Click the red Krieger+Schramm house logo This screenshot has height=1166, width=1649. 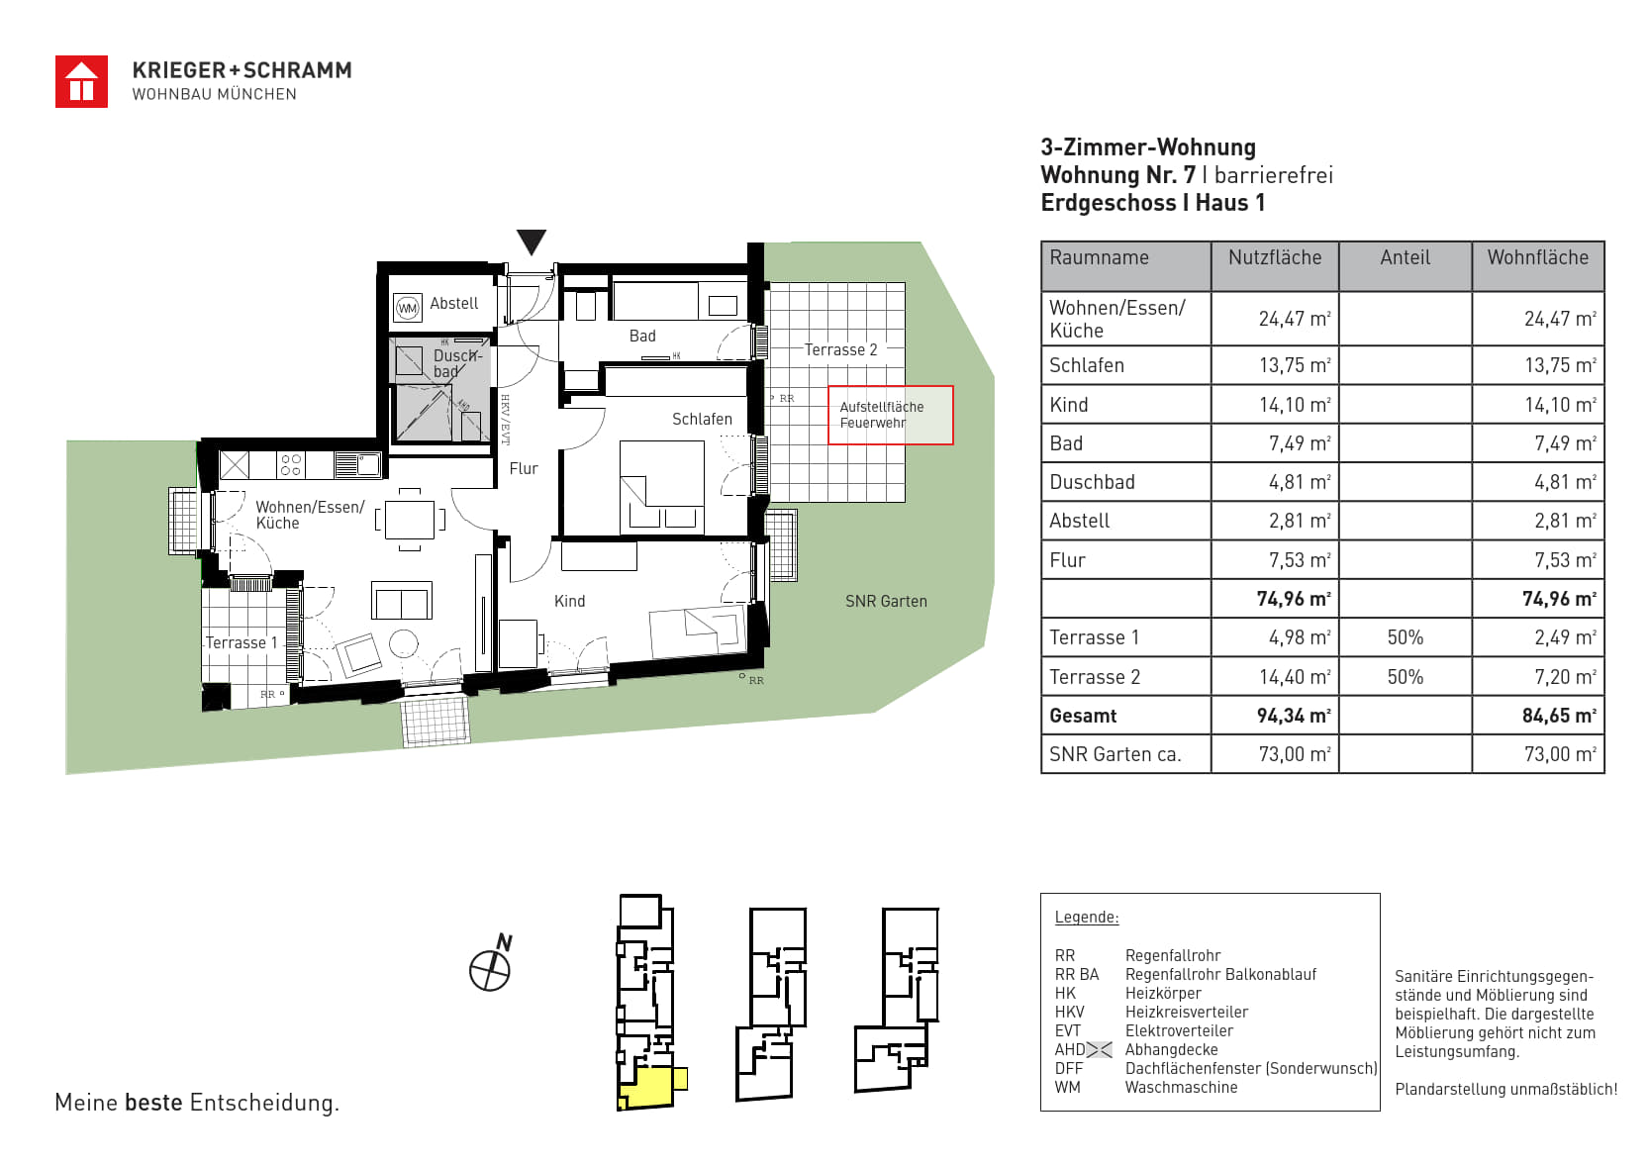(81, 82)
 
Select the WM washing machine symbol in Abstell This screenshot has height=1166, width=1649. (407, 308)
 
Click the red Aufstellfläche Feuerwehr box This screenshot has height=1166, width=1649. (890, 415)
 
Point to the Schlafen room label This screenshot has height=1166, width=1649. (702, 419)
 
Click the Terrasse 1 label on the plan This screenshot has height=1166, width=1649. (242, 642)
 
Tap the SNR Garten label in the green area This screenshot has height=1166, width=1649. (886, 602)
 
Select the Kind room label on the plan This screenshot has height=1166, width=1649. (569, 602)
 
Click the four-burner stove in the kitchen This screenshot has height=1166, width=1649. (291, 465)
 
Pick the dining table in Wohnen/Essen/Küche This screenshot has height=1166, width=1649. (410, 520)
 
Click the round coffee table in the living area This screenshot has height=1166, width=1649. (404, 644)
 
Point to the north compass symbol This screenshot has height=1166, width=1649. (490, 964)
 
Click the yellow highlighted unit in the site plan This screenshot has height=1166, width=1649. (647, 1089)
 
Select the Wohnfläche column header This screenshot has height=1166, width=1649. (1537, 257)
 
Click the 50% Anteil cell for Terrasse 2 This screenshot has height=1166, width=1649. (1405, 676)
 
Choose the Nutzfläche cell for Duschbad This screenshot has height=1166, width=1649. (1300, 482)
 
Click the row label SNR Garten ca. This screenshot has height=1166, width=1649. (1115, 754)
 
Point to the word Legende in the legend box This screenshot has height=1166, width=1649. (1087, 918)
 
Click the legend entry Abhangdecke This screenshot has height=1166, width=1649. (1171, 1049)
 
